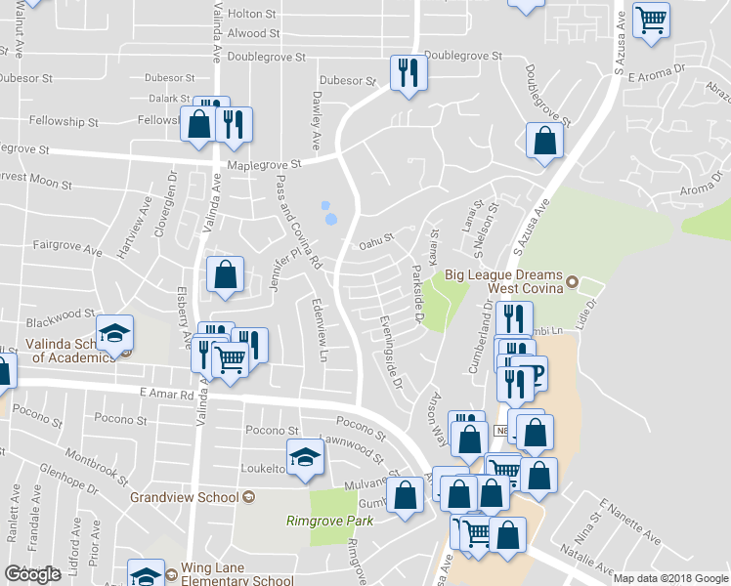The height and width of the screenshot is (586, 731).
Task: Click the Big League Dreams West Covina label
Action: [x=503, y=282]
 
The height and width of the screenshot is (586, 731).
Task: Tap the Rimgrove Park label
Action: [x=329, y=521]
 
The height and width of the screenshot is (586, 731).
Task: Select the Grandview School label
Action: [x=184, y=497]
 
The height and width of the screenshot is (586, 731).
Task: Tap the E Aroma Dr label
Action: [x=658, y=75]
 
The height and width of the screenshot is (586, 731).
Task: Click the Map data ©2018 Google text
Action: [x=670, y=578]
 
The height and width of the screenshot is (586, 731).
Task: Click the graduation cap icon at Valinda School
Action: [x=114, y=333]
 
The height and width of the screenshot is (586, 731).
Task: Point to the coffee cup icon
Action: [x=532, y=375]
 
